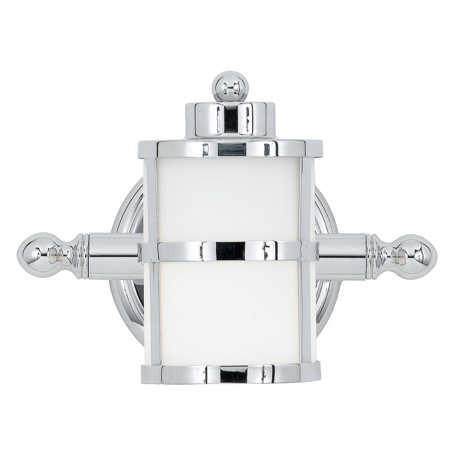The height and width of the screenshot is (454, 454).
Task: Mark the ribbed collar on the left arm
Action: pyautogui.click(x=76, y=254)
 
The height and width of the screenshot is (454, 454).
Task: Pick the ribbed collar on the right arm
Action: pyautogui.click(x=376, y=257)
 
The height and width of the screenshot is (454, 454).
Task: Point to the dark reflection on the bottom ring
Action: pyautogui.click(x=230, y=374)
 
